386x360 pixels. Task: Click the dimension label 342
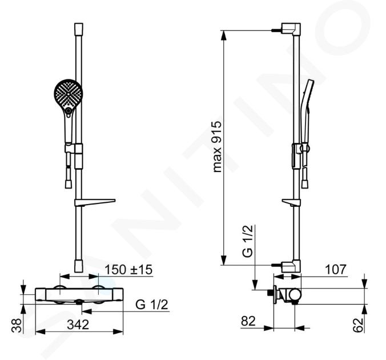pos(78,325)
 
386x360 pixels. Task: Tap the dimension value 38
pos(17,325)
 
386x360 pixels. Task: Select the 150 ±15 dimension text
pos(128,269)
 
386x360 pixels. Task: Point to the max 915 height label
pos(217,147)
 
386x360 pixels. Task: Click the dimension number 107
pos(336,270)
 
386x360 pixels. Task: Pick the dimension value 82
pos(248,321)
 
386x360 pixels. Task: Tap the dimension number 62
pos(357,325)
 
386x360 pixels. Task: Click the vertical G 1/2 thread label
pos(248,241)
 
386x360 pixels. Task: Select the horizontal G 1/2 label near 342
pos(152,305)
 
